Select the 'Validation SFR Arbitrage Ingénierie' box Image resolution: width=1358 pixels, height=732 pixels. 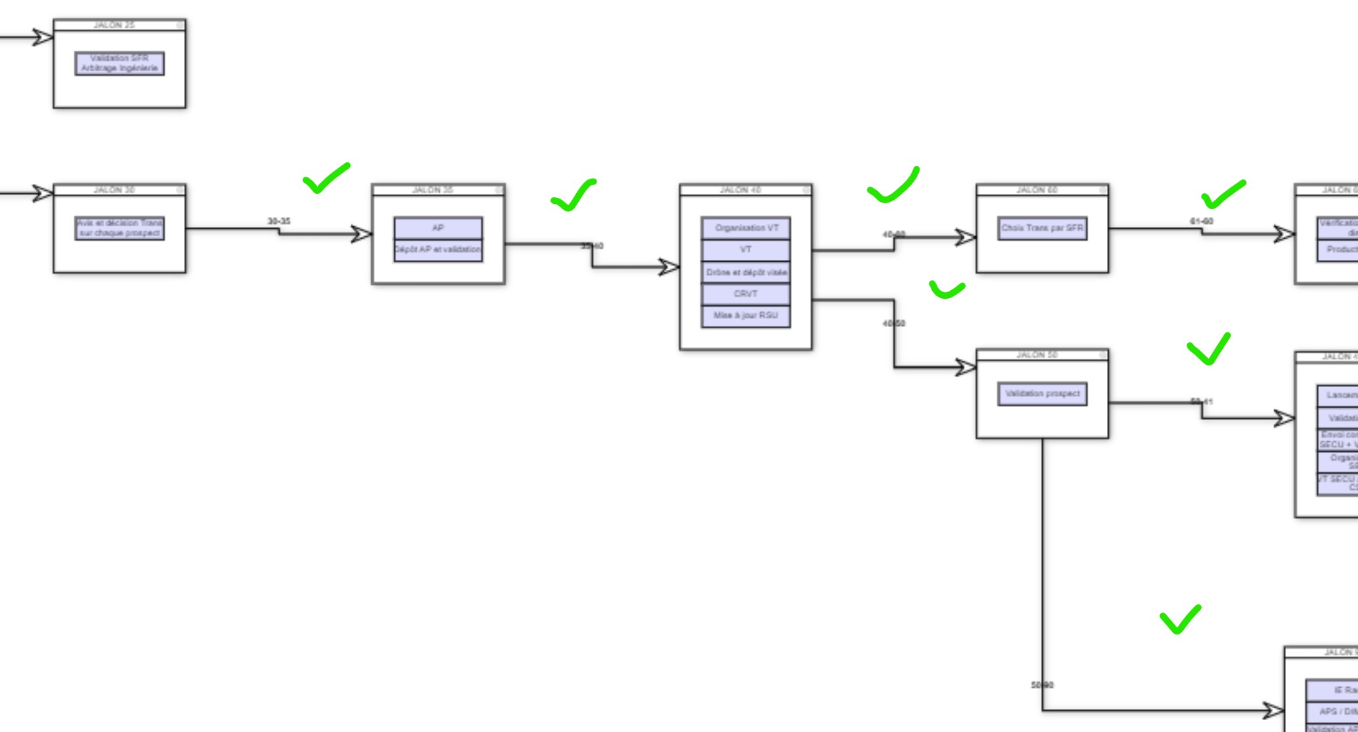(119, 63)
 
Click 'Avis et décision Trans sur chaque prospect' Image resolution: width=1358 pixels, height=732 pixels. (119, 228)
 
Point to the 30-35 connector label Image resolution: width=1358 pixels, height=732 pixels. (279, 222)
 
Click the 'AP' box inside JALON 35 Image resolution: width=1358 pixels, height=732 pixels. (438, 228)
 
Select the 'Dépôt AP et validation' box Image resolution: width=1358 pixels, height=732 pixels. (438, 250)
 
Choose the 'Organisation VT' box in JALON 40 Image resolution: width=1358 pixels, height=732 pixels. (746, 228)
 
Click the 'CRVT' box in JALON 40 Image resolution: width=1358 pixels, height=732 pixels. (746, 294)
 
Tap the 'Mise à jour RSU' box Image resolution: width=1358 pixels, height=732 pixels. (746, 316)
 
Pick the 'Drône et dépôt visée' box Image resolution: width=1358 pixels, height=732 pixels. (746, 272)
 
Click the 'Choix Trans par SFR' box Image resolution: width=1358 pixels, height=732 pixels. (1042, 228)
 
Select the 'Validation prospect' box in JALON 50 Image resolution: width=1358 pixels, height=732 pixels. (1042, 394)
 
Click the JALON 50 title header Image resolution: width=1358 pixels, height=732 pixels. (1037, 355)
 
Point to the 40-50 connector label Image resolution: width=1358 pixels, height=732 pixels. (895, 323)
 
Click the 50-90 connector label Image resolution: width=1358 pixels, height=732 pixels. (1042, 685)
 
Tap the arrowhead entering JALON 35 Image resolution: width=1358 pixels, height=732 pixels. (362, 234)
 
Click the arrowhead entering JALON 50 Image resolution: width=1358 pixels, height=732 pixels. (966, 367)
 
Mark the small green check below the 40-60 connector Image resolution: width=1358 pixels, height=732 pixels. (947, 290)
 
